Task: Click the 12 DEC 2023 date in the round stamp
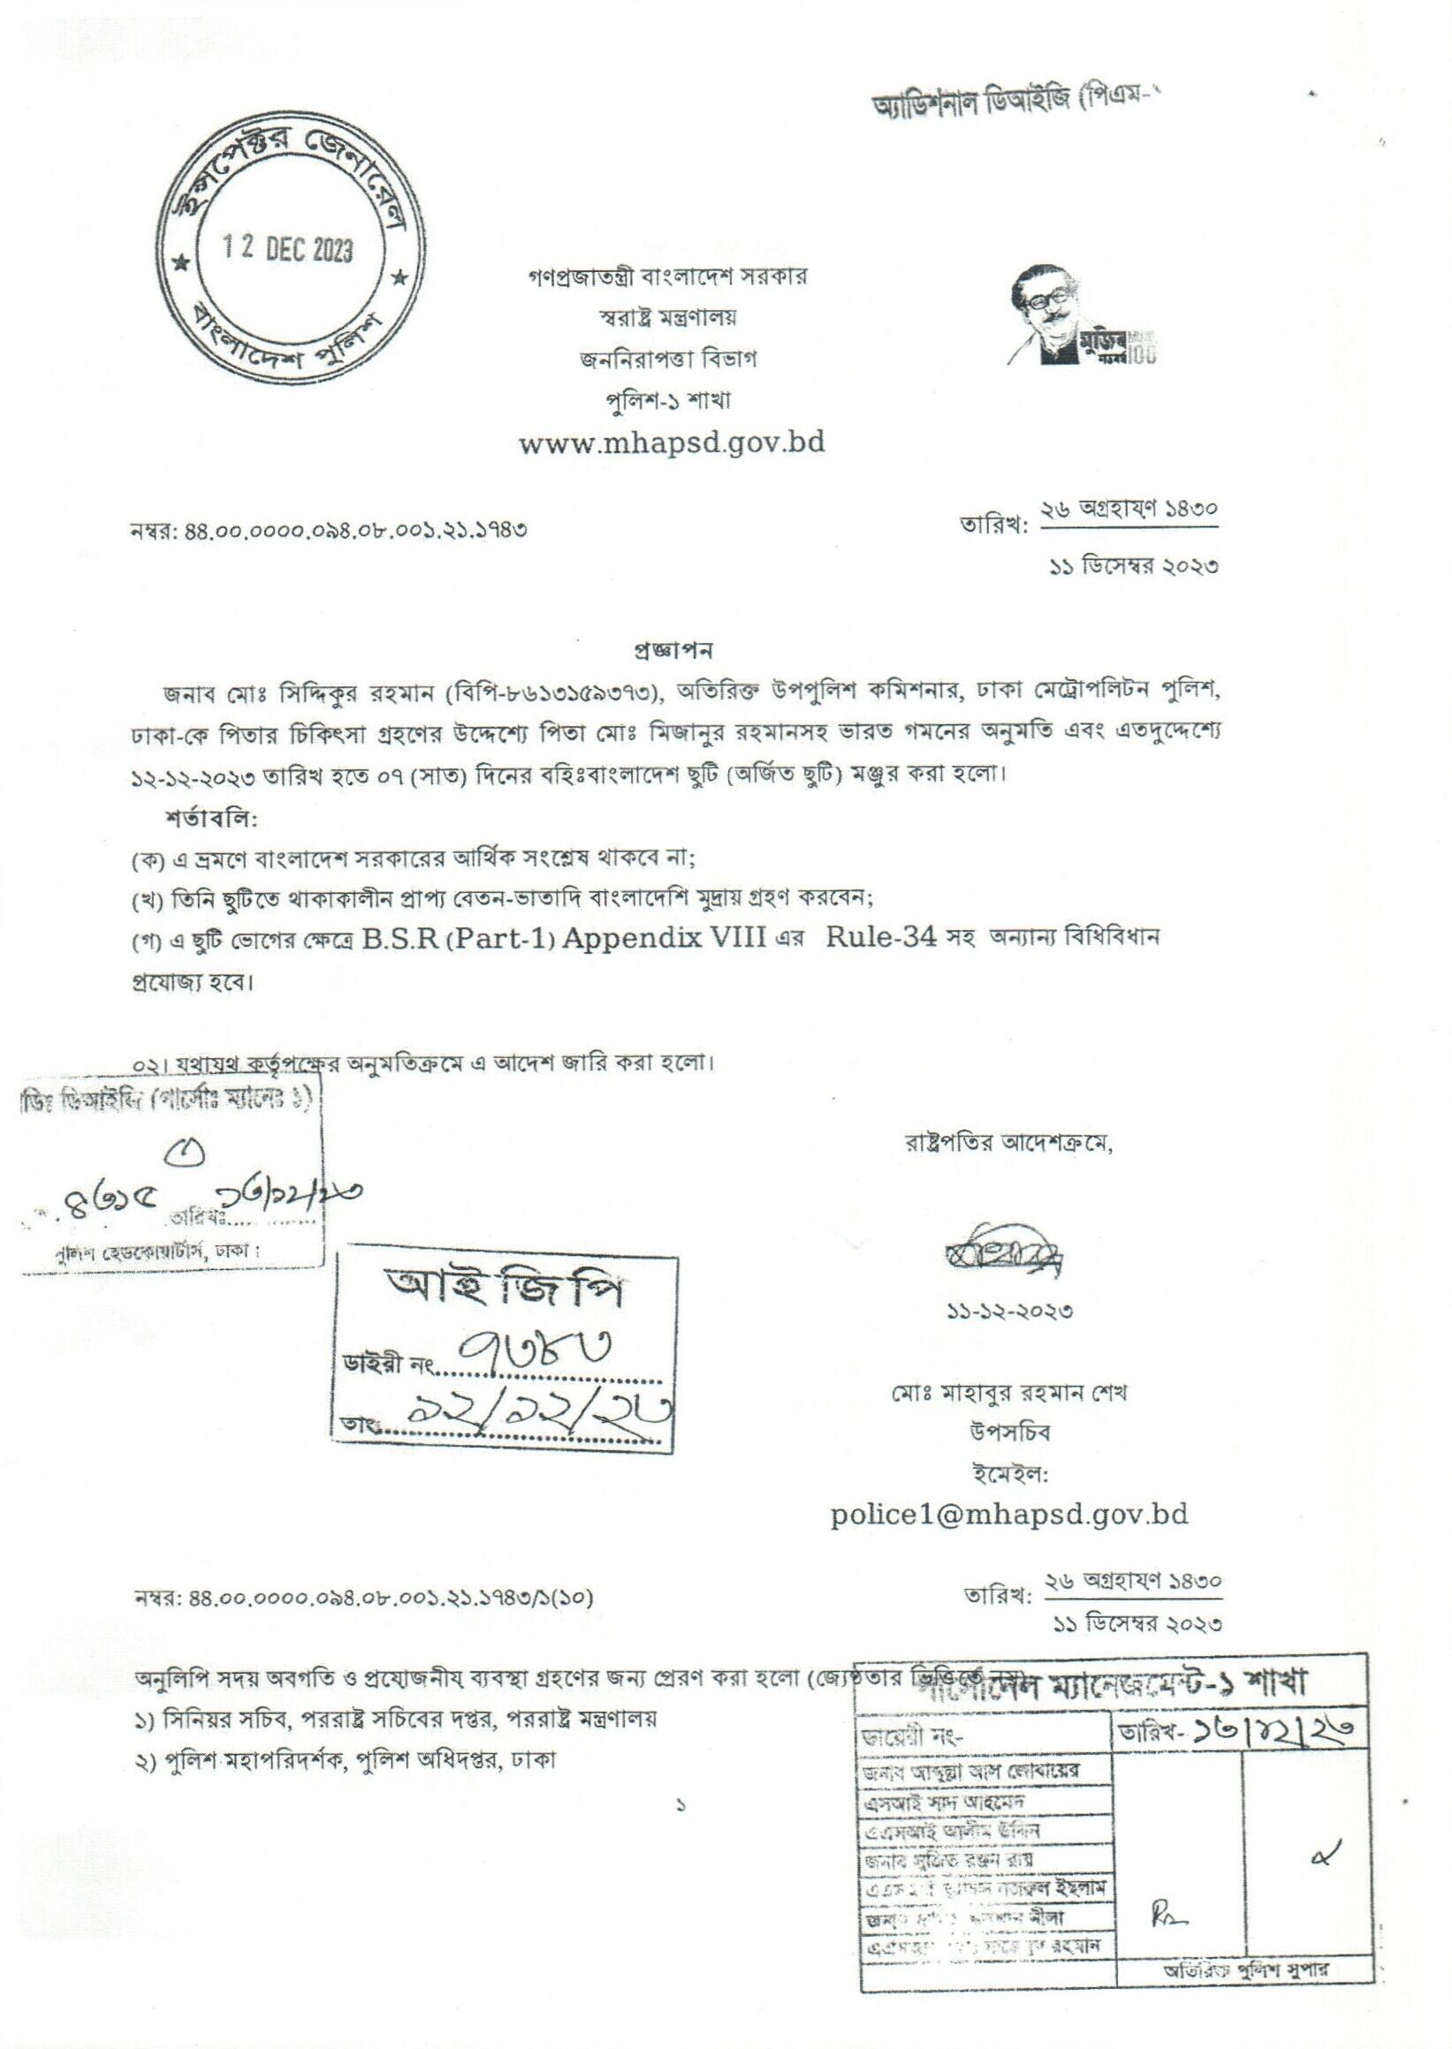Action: pyautogui.click(x=288, y=247)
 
